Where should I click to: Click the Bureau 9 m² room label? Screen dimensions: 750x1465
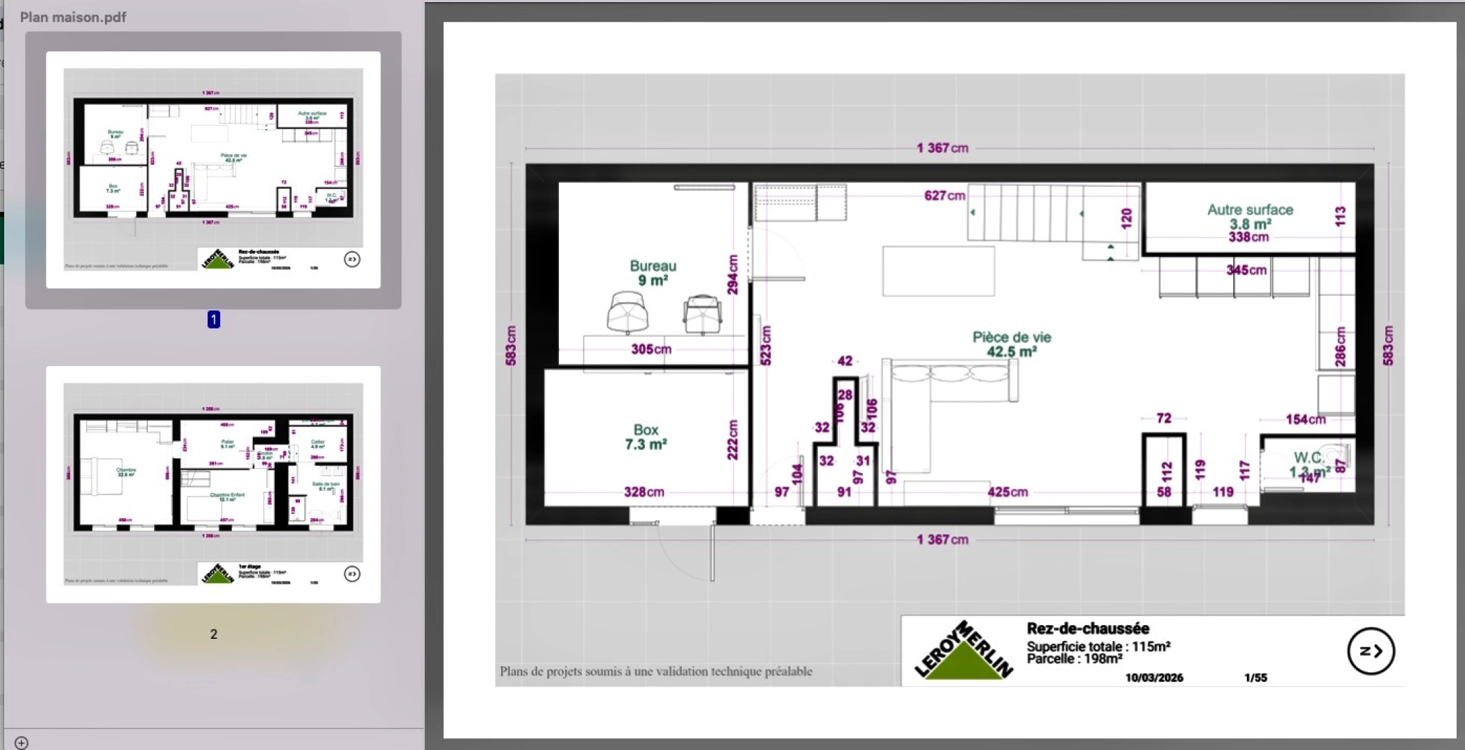pyautogui.click(x=653, y=273)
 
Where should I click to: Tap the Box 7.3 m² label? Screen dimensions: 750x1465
pyautogui.click(x=646, y=437)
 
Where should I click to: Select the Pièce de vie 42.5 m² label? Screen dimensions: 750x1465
pyautogui.click(x=1012, y=344)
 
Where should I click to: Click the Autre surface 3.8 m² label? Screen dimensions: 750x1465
pyautogui.click(x=1250, y=217)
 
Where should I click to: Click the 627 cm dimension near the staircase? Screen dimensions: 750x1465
pyautogui.click(x=944, y=196)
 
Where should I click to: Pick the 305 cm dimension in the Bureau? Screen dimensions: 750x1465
pyautogui.click(x=651, y=349)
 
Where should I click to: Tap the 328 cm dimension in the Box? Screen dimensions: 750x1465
pyautogui.click(x=644, y=492)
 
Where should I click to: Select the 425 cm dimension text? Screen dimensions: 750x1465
pyautogui.click(x=1007, y=492)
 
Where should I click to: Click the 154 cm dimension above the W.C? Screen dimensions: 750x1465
pyautogui.click(x=1305, y=419)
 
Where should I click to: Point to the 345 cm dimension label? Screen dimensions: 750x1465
pyautogui.click(x=1246, y=270)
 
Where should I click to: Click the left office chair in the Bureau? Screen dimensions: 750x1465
pyautogui.click(x=627, y=312)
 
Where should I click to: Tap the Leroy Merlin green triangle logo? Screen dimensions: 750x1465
pyautogui.click(x=962, y=653)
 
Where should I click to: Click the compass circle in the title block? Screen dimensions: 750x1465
pyautogui.click(x=1371, y=651)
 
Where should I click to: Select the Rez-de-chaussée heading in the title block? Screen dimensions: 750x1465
pyautogui.click(x=1087, y=628)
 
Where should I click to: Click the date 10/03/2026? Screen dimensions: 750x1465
pyautogui.click(x=1154, y=678)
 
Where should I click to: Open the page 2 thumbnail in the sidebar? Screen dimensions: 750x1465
pyautogui.click(x=213, y=484)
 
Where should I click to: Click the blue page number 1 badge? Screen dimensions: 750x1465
pyautogui.click(x=214, y=319)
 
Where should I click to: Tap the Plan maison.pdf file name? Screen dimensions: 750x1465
pyautogui.click(x=73, y=17)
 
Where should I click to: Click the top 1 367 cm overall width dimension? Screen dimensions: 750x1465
pyautogui.click(x=941, y=148)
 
